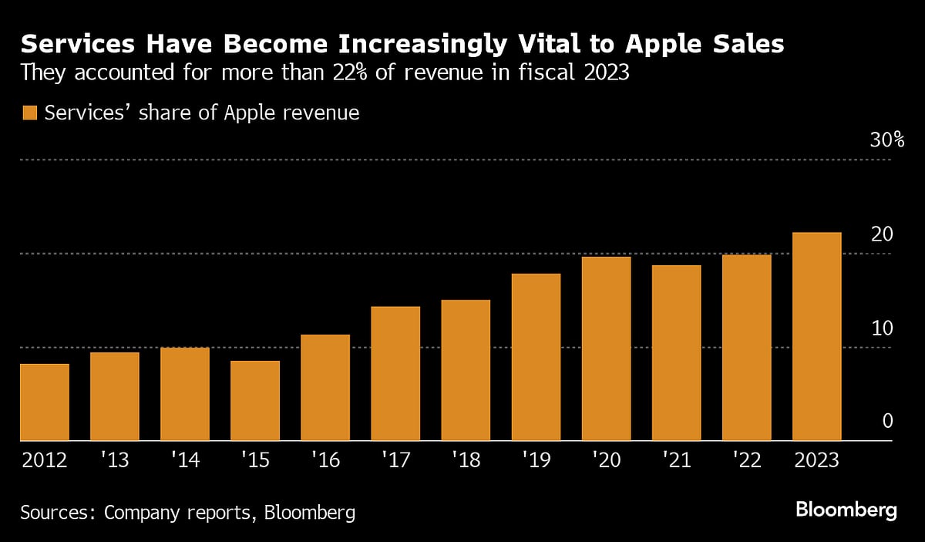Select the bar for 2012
coord(44,402)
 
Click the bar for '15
coord(254,401)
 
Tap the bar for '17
coord(395,374)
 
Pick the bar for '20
coord(606,348)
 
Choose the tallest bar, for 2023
coord(816,337)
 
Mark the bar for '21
coord(676,353)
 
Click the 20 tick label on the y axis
coord(881,234)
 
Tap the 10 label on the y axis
coord(881,328)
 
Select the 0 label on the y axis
coord(887,421)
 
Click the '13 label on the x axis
coord(114,461)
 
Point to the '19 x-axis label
coord(536,461)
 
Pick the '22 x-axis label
coord(746,461)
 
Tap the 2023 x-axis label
coord(816,461)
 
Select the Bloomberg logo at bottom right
coord(846,510)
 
